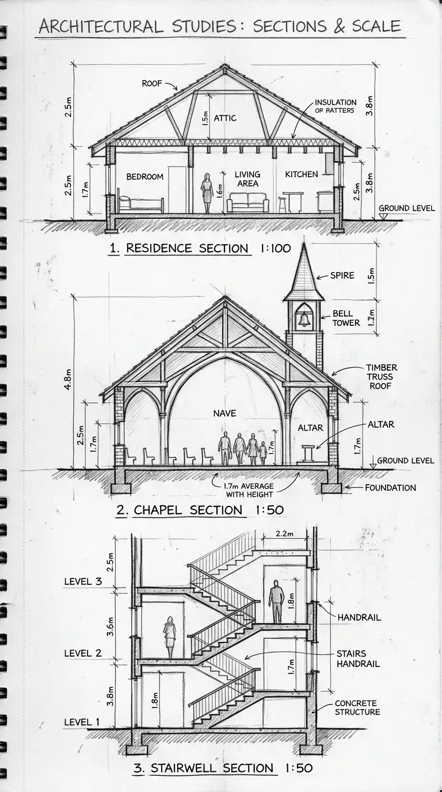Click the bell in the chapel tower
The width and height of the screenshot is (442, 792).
coord(304,318)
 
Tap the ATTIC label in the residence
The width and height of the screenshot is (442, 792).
coord(225,118)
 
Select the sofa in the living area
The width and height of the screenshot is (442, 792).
coord(248,203)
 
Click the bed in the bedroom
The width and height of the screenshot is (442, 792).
coord(141,204)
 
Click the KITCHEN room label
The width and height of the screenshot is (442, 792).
coord(301,174)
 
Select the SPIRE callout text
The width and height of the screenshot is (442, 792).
coord(342,276)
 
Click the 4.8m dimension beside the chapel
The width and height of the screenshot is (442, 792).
coord(68,380)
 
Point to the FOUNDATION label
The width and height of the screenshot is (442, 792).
coord(390,488)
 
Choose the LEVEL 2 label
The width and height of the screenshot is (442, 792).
coord(83,653)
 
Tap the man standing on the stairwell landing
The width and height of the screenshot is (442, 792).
coord(276,601)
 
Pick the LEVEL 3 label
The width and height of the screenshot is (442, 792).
coord(83,581)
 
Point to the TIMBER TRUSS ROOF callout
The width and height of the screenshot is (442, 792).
coord(382,376)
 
